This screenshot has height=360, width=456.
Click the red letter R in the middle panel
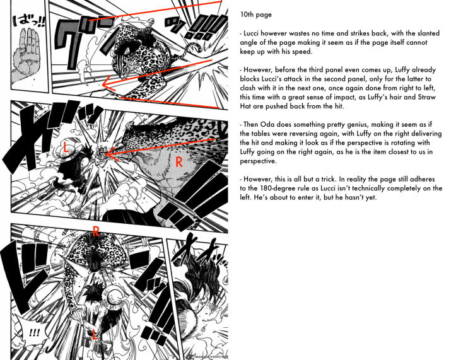point(179,162)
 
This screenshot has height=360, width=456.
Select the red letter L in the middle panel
point(66,148)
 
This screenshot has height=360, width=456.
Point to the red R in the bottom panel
point(95,231)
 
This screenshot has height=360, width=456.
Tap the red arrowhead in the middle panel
point(107,153)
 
